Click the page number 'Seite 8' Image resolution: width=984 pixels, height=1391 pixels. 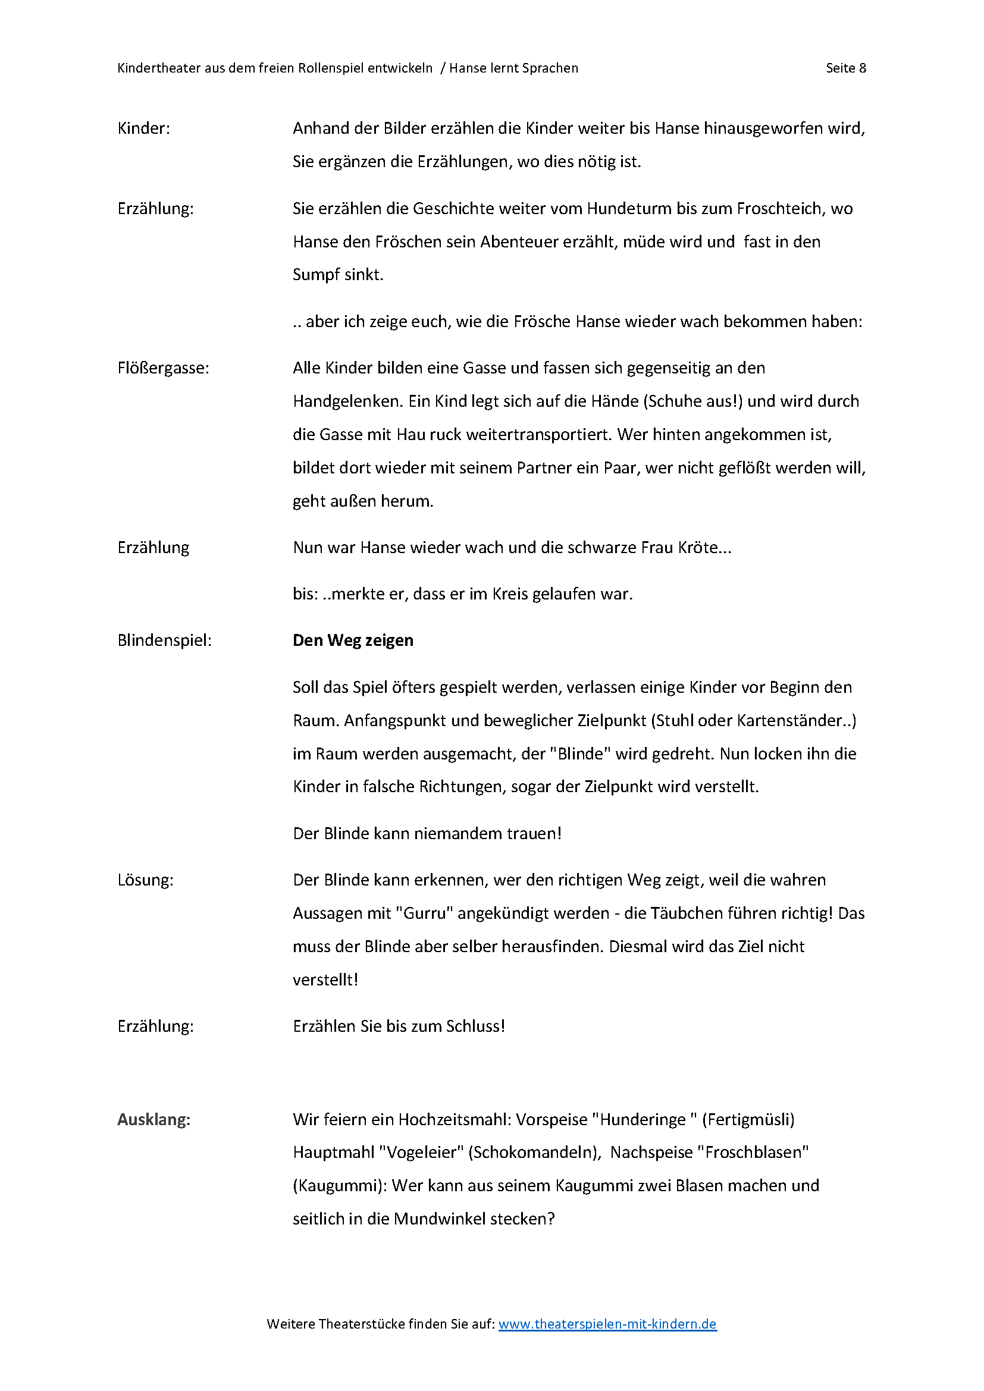(x=845, y=68)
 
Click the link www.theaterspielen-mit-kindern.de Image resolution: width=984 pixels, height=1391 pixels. (x=607, y=1324)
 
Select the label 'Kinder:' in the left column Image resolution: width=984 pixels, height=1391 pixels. (x=143, y=128)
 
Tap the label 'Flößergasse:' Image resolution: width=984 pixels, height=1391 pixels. (x=163, y=368)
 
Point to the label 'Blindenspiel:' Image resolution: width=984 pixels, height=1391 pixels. (x=164, y=640)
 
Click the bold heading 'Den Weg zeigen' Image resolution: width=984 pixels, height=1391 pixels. (x=353, y=640)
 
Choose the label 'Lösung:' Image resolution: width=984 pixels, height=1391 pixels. (x=145, y=880)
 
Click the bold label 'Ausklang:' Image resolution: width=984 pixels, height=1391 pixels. (x=154, y=1120)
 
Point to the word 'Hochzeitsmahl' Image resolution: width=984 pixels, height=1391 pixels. (x=448, y=1120)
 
